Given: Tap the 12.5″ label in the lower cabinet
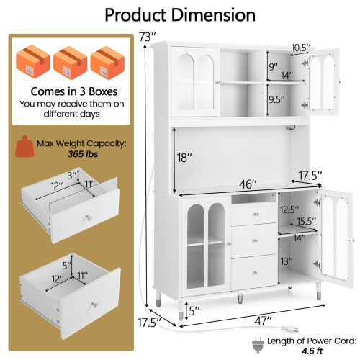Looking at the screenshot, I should coord(290,210).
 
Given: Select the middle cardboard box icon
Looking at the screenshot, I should coord(70,58).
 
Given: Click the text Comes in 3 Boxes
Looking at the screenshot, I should coord(70,91).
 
